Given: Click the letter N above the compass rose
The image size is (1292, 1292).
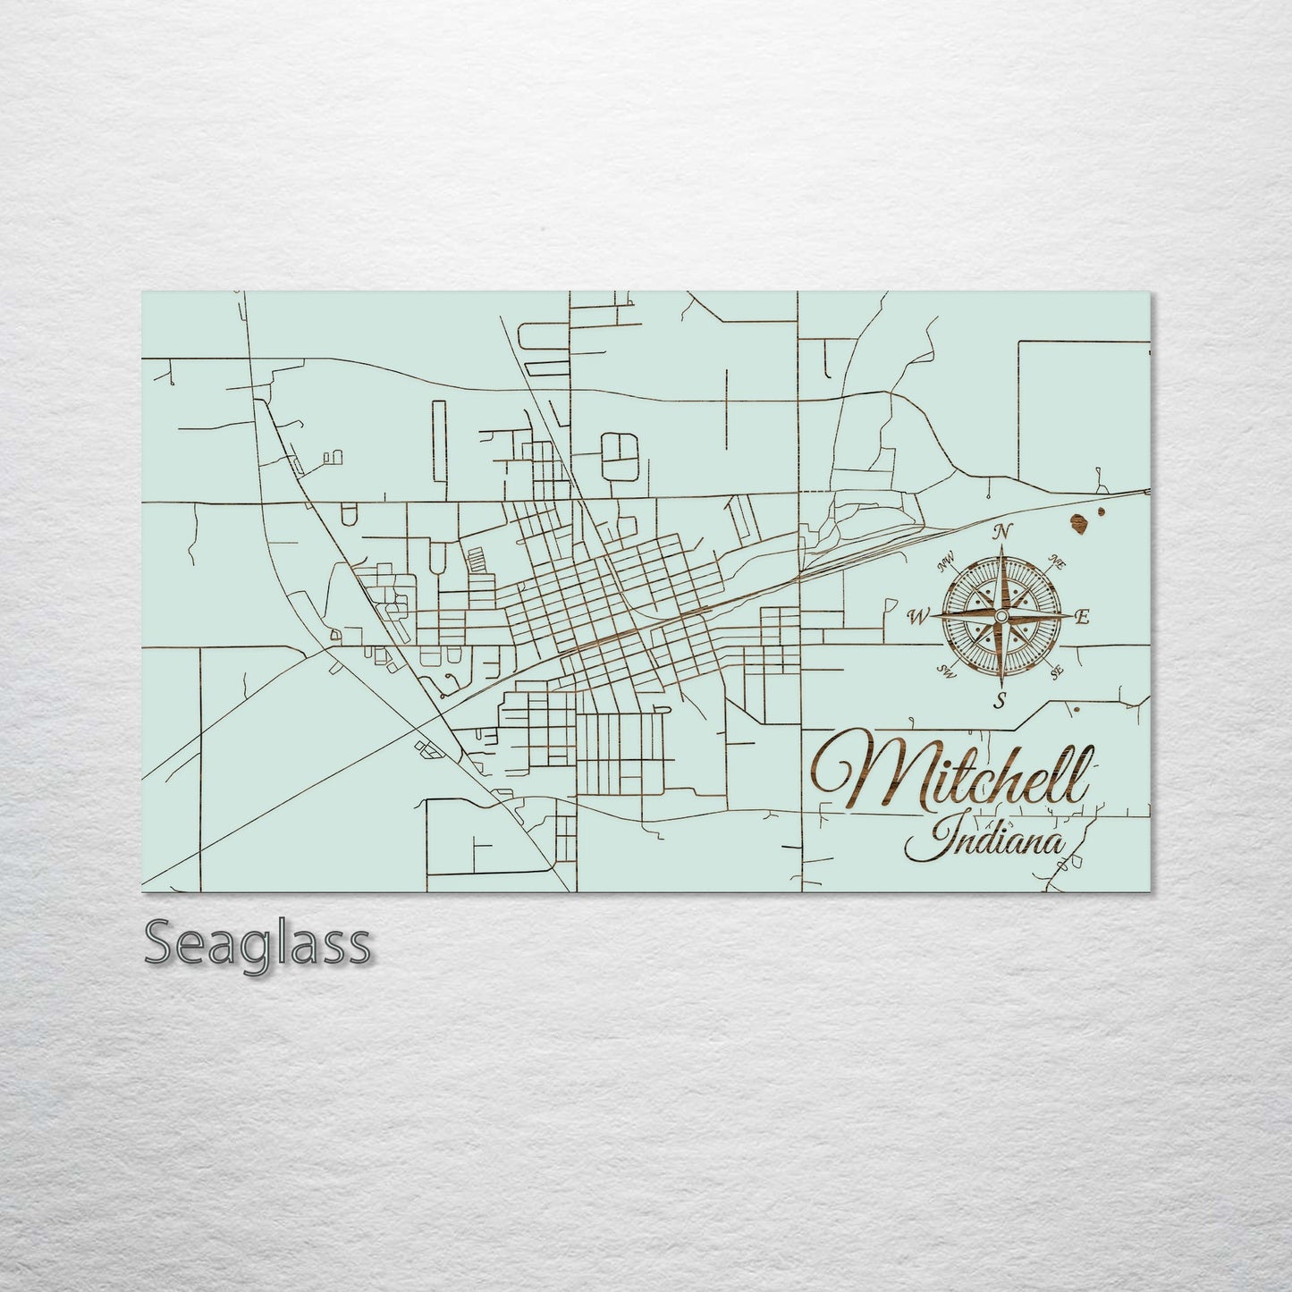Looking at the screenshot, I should pos(1002,532).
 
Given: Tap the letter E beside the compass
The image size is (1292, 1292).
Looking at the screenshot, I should pos(1081,616).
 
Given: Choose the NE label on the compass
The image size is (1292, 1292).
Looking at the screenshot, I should pos(1057,563).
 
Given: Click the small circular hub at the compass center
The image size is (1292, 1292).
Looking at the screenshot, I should pos(1001,617).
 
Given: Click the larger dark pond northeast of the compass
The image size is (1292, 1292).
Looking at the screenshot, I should pos(1079,523).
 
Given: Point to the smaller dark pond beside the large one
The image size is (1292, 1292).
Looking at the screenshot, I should pos(1100,512).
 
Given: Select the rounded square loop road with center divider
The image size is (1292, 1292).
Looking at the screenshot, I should pos(616,453).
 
